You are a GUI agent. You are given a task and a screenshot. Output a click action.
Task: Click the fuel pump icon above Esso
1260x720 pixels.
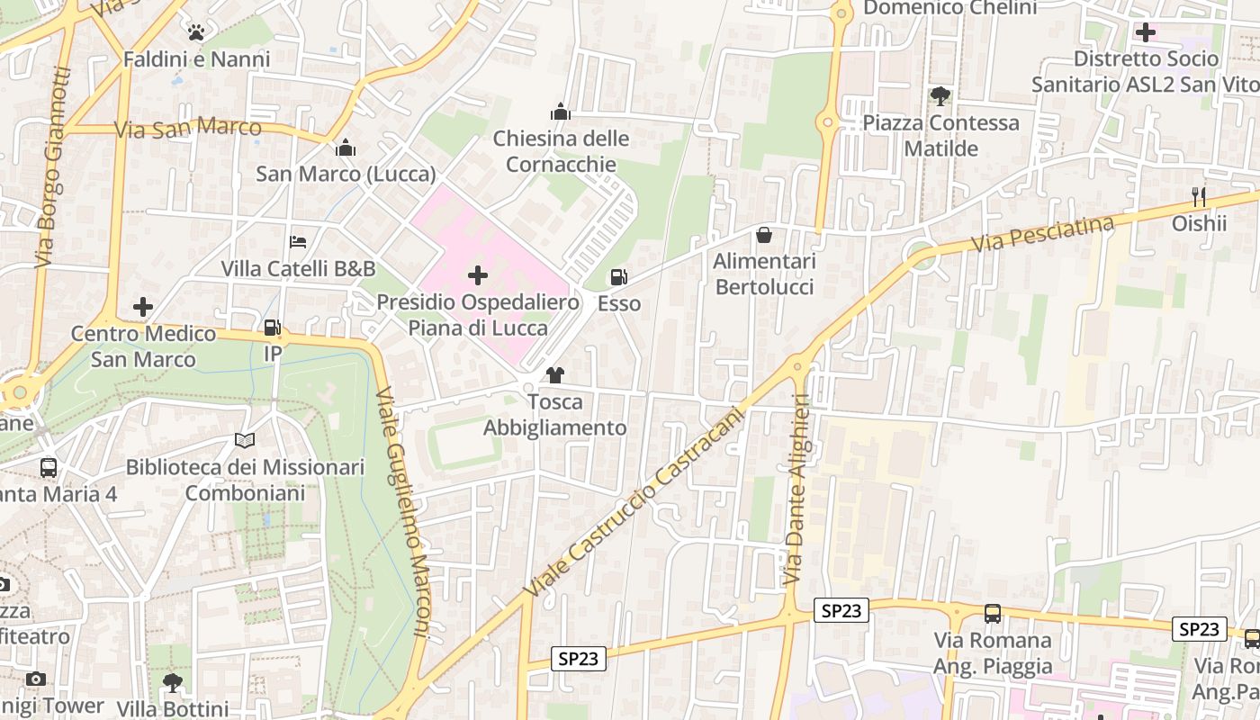(618, 277)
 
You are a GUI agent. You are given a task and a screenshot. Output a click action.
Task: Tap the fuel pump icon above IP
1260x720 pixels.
(272, 328)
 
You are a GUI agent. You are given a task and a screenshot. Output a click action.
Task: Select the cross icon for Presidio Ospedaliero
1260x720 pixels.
(478, 275)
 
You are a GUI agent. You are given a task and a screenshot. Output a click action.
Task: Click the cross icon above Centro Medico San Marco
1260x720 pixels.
(143, 307)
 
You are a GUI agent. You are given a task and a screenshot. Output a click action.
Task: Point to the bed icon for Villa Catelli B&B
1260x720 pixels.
(298, 242)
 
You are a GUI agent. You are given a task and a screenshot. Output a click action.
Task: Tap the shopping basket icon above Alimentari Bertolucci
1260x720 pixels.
(764, 235)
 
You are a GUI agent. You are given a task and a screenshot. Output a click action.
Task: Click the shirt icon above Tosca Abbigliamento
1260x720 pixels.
(554, 375)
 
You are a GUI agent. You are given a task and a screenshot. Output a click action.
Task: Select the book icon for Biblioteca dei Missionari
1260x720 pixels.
(245, 441)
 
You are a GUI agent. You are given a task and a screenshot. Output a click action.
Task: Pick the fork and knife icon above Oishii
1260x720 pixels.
(1198, 197)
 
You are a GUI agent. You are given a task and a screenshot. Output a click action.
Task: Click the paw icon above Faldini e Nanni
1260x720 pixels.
(196, 33)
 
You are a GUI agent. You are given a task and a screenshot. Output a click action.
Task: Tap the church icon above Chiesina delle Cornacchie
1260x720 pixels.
(561, 112)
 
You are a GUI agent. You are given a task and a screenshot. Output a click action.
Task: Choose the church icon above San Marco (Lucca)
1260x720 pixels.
(346, 148)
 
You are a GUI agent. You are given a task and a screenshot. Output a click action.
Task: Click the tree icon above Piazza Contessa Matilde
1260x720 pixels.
(940, 95)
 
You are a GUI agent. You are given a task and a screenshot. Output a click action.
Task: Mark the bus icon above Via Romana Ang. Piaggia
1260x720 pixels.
(993, 614)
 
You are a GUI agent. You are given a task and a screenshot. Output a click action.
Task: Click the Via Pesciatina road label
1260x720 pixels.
(1043, 234)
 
